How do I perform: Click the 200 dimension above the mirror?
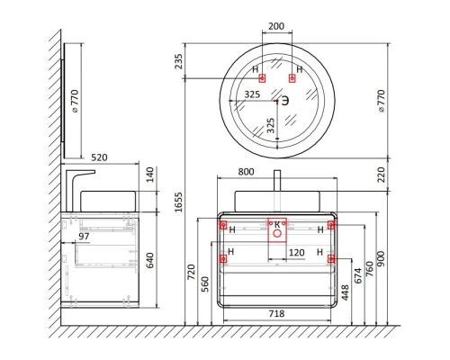276,26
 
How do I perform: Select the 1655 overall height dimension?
178,202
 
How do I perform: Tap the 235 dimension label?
178,61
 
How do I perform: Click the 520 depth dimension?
99,157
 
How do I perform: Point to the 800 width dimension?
246,172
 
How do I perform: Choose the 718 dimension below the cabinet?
276,313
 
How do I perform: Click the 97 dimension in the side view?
84,237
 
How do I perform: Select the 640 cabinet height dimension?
149,260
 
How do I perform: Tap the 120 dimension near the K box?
296,253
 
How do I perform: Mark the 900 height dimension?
381,258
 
